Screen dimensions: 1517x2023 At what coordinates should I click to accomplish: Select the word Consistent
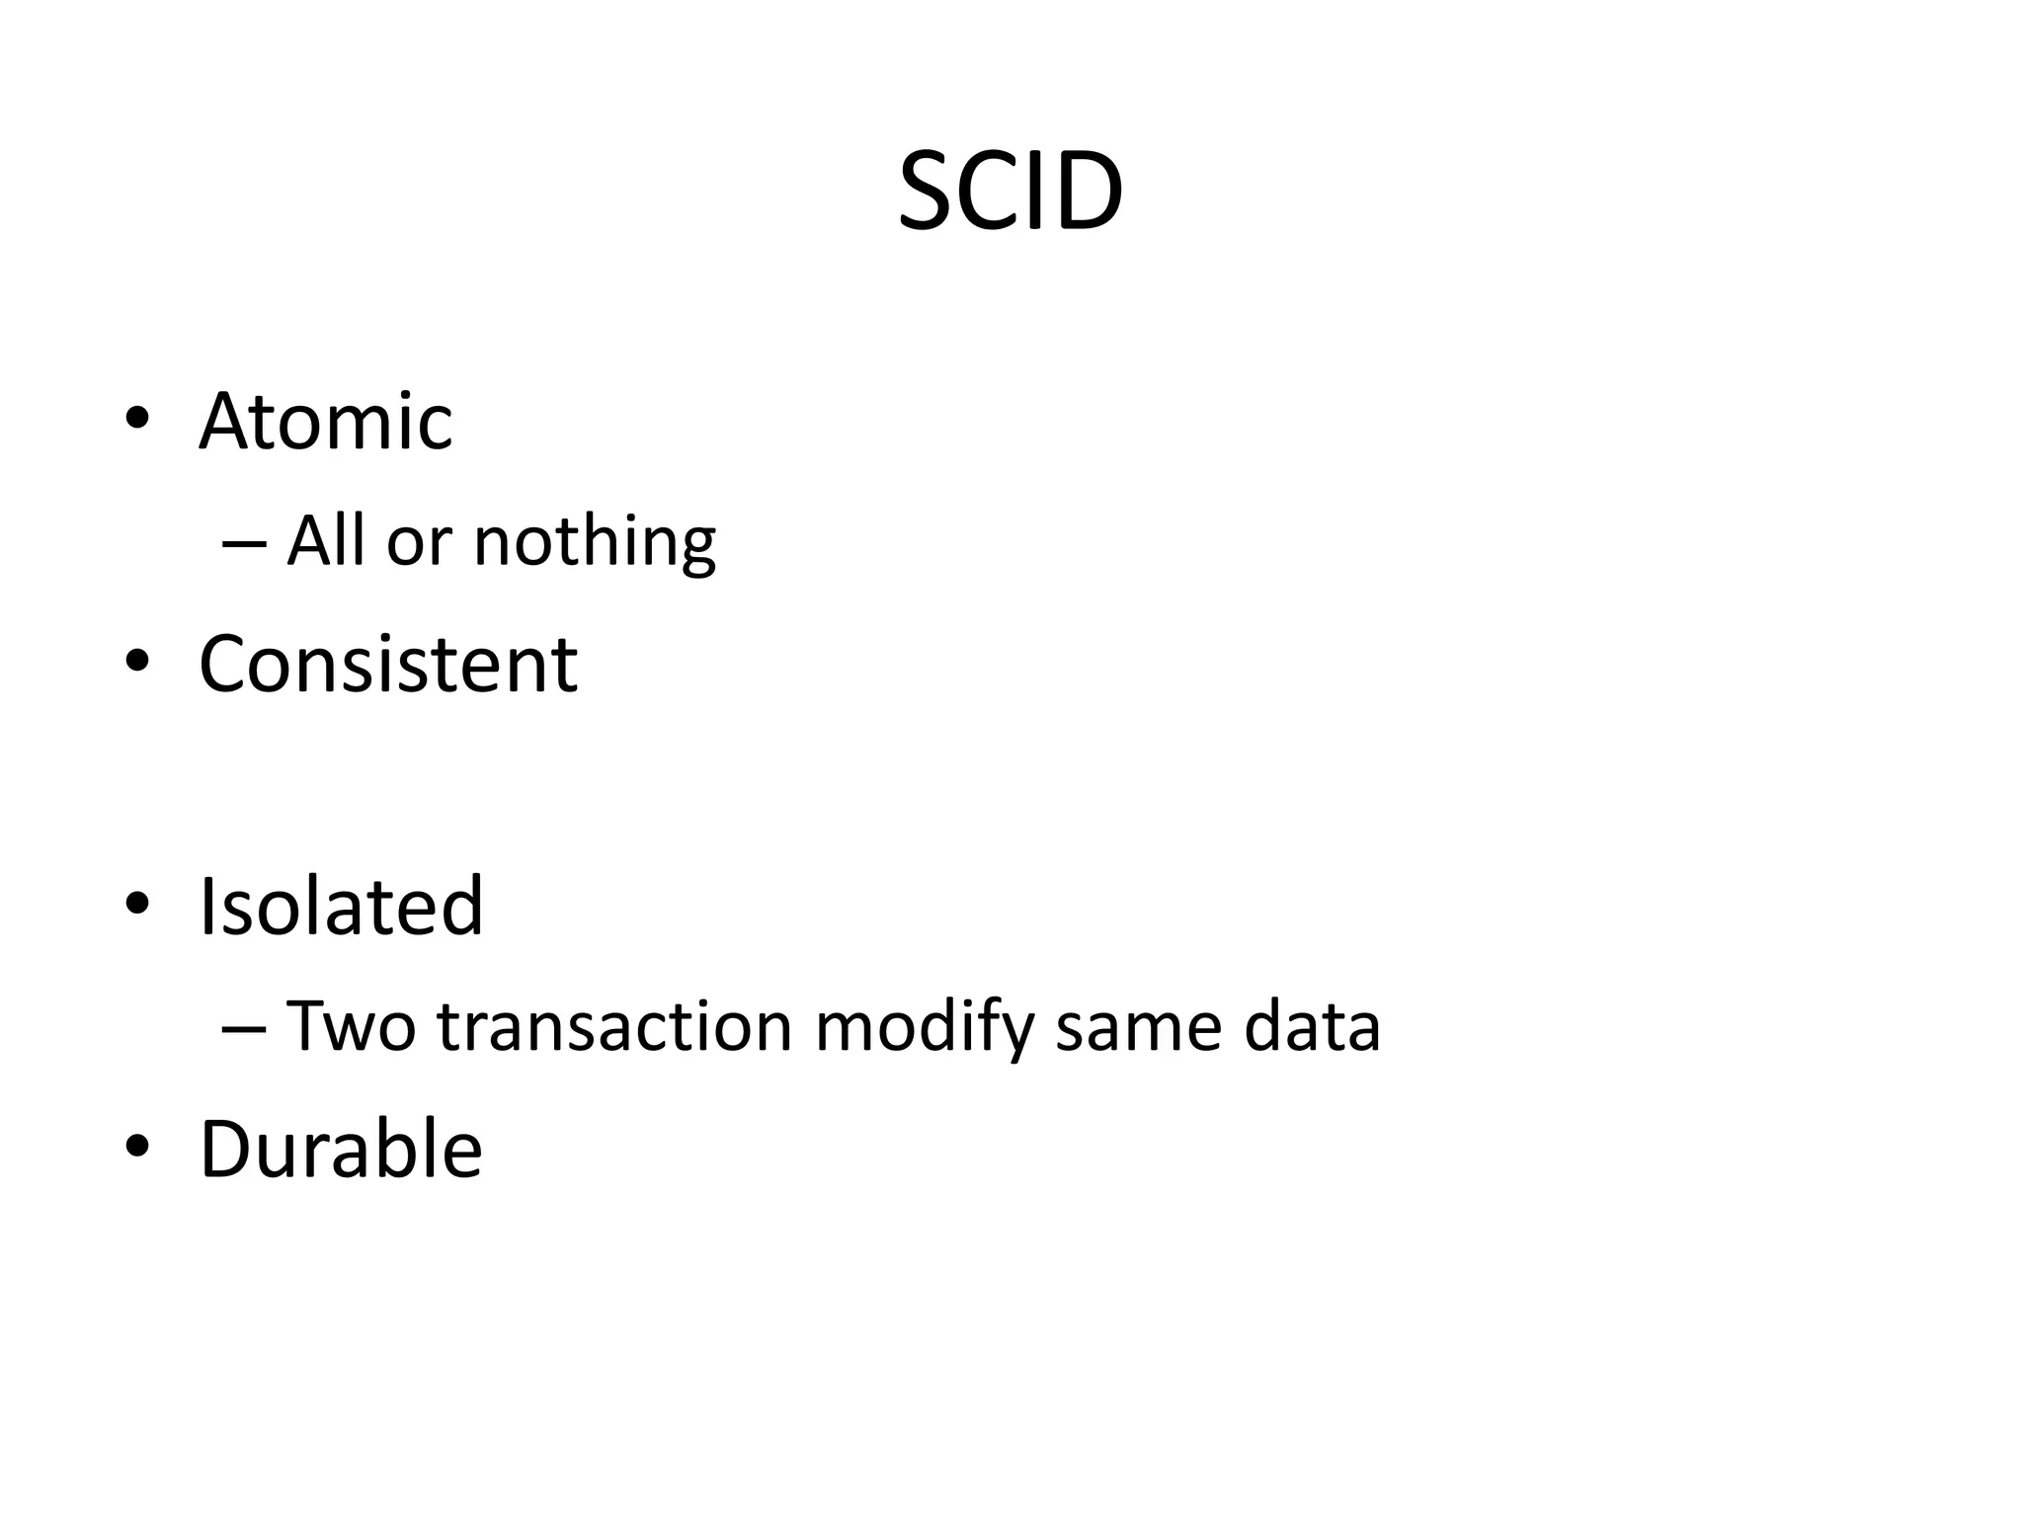click(x=388, y=664)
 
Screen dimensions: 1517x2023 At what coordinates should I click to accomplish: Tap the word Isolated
click(x=341, y=906)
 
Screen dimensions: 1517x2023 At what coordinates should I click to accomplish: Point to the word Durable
click(x=341, y=1149)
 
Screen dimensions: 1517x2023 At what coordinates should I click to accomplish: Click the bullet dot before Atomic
click(x=137, y=419)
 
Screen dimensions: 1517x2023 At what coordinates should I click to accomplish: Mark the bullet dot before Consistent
click(x=137, y=661)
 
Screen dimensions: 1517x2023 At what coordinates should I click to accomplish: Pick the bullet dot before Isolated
click(x=137, y=904)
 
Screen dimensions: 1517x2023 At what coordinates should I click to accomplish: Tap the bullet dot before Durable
click(x=137, y=1146)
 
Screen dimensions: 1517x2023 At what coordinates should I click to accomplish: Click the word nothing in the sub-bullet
click(x=595, y=542)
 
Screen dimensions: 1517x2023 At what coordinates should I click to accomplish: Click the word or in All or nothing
click(x=419, y=544)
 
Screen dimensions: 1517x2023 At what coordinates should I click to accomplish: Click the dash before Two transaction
click(x=245, y=1028)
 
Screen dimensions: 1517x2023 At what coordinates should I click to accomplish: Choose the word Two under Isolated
click(x=351, y=1026)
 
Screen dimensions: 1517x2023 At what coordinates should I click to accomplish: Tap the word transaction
click(x=615, y=1026)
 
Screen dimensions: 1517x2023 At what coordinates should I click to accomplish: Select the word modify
click(x=924, y=1028)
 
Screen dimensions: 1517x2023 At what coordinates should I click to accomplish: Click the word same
click(x=1139, y=1028)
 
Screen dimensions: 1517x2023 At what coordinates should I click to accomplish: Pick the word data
click(x=1312, y=1026)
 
